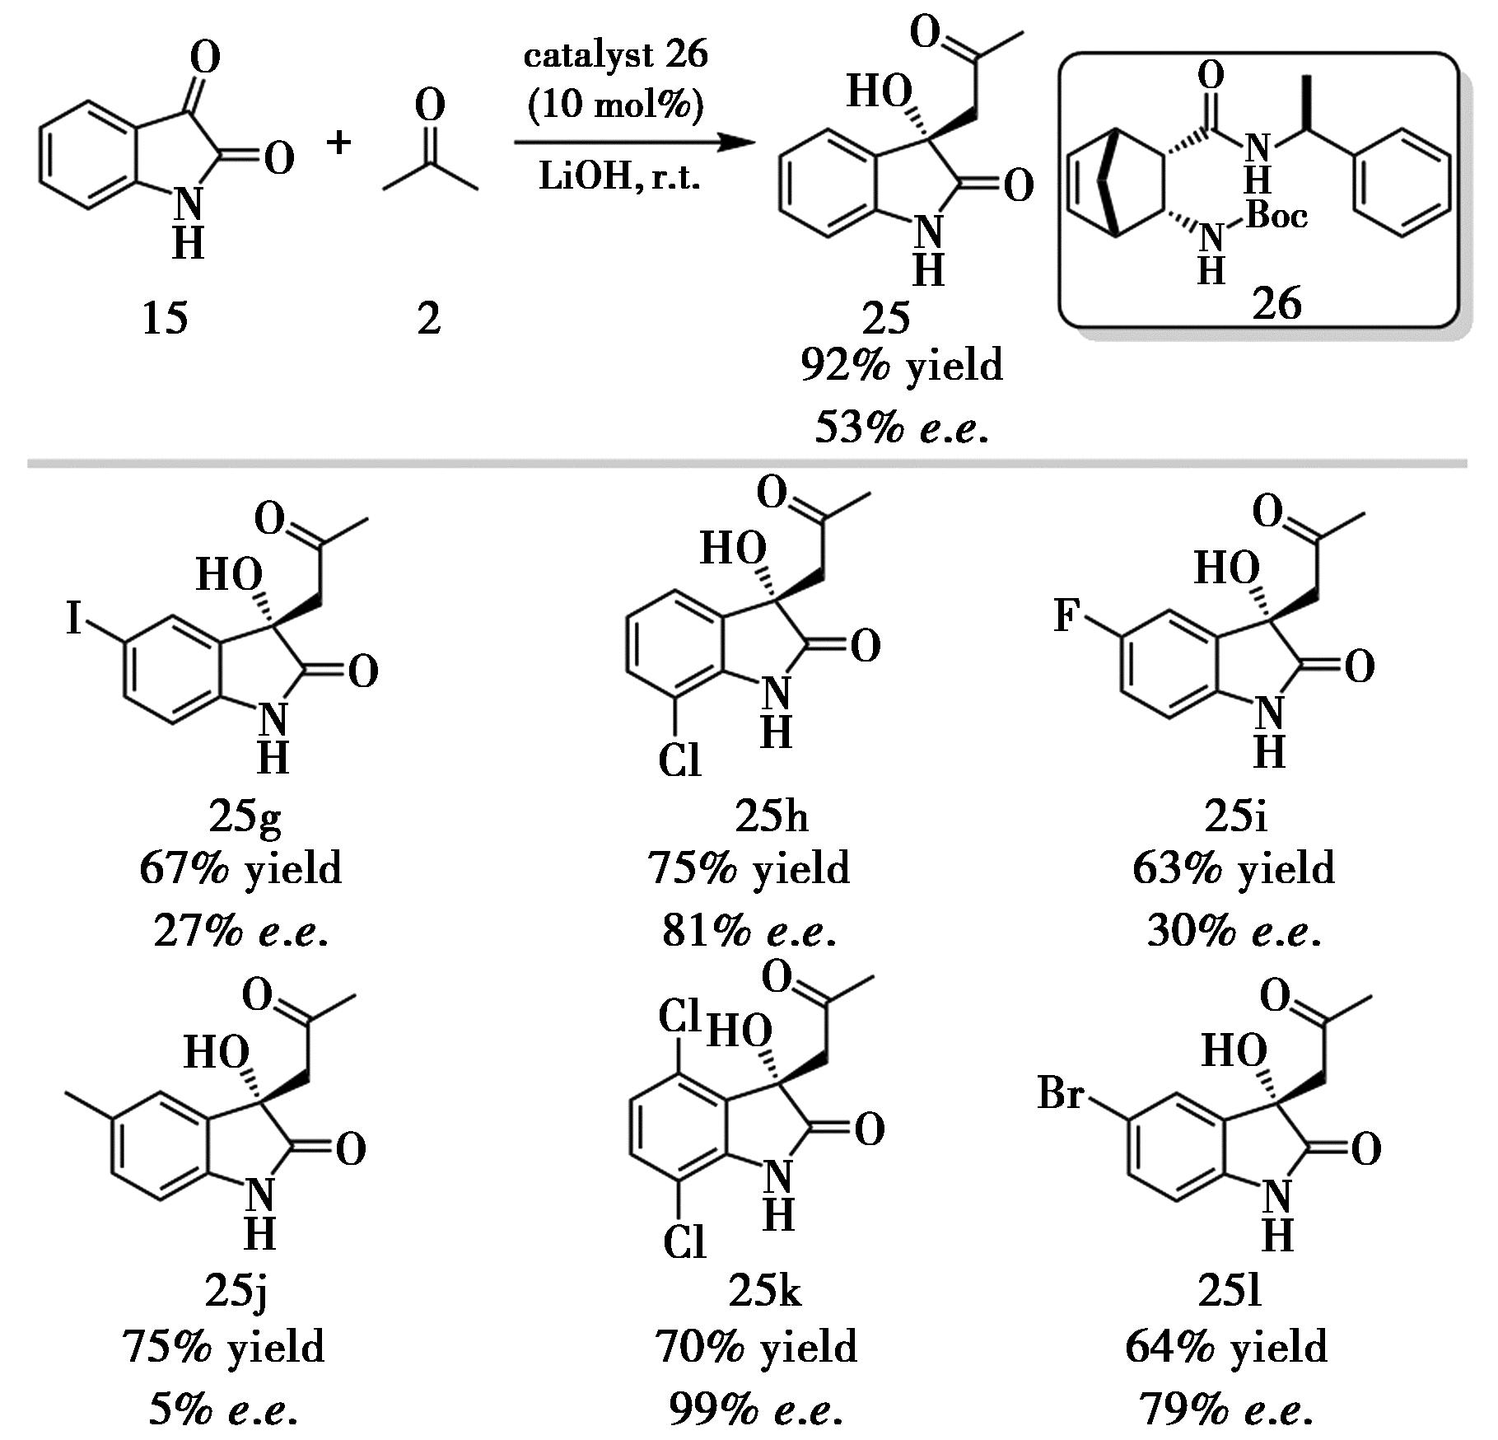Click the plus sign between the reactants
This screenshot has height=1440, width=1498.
[338, 143]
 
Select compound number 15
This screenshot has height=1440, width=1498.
[165, 318]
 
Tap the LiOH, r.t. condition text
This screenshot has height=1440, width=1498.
[620, 176]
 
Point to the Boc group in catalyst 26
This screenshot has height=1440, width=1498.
[1276, 216]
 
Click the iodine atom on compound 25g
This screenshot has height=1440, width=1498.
[74, 618]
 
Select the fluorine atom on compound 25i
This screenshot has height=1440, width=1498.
[1066, 615]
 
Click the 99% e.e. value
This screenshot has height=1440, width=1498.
[755, 1410]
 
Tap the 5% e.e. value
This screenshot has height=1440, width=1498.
[222, 1410]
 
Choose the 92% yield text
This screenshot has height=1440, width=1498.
[902, 366]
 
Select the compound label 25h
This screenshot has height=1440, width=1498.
[771, 816]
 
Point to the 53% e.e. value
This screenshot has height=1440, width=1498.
[902, 428]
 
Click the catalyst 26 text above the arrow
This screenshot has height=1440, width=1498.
[615, 56]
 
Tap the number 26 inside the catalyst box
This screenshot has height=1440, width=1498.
[1276, 304]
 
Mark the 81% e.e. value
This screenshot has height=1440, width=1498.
[749, 932]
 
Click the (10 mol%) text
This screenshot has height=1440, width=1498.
[616, 105]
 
